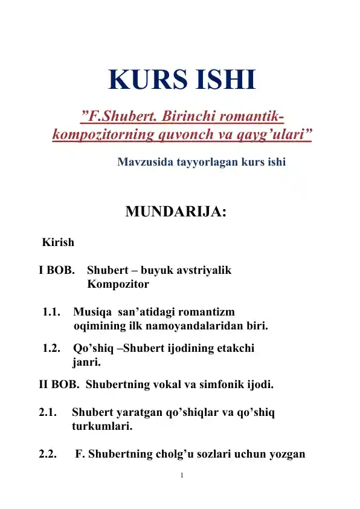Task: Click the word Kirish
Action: tap(58, 243)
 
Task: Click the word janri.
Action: tap(86, 363)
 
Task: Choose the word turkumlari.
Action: tap(102, 427)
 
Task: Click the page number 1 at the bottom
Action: tap(181, 475)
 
